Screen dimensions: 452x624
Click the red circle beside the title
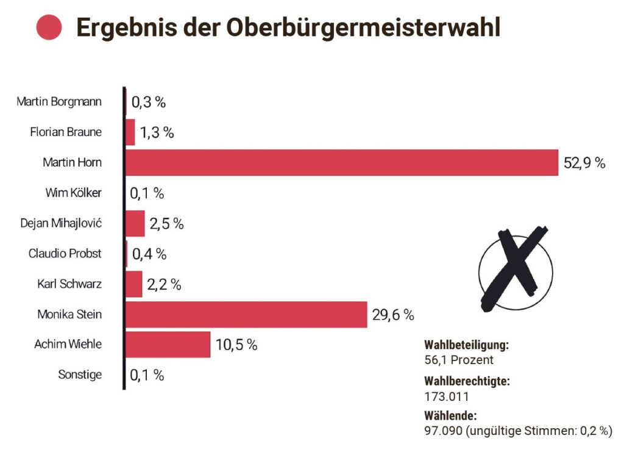click(49, 27)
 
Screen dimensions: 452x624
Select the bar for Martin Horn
click(341, 163)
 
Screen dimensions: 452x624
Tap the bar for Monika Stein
click(246, 315)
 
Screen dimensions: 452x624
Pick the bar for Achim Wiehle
click(168, 345)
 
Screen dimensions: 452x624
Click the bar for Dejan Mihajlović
click(135, 223)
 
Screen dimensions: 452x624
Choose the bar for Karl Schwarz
click(134, 284)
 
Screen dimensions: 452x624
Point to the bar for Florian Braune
click(130, 132)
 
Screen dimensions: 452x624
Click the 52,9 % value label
click(584, 163)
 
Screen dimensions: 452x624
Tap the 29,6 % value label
click(393, 315)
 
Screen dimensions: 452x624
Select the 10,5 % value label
click(236, 345)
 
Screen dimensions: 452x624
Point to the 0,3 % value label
click(149, 102)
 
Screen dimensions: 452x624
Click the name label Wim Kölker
click(74, 193)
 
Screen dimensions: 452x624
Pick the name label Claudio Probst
click(65, 253)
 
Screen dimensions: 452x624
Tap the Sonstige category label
click(80, 375)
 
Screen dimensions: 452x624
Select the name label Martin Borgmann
click(59, 101)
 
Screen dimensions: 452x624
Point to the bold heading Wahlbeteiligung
click(466, 345)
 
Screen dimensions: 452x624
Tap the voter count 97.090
click(444, 431)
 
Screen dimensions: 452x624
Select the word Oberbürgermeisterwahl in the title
click(363, 27)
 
